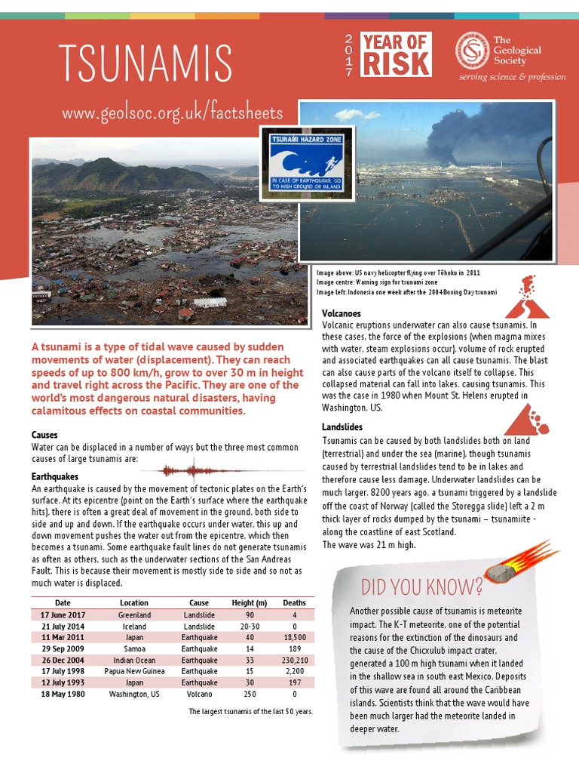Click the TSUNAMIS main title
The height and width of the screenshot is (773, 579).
point(146,63)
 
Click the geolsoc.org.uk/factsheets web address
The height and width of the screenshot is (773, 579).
point(173,113)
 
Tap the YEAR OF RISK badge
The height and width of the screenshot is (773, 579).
point(396,54)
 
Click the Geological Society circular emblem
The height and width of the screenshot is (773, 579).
point(471,49)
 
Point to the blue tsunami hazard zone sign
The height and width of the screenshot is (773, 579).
point(306,163)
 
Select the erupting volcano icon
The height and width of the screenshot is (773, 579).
point(526,297)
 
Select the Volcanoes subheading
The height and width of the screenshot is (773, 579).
point(341,313)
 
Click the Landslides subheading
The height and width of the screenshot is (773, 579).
point(342,428)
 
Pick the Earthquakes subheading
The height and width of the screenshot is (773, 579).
point(55,477)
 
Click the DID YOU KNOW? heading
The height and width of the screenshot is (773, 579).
point(422,587)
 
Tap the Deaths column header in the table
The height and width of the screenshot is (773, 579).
point(294,603)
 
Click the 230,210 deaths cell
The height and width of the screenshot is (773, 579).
point(294,660)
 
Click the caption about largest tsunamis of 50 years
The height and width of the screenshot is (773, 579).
point(250,712)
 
